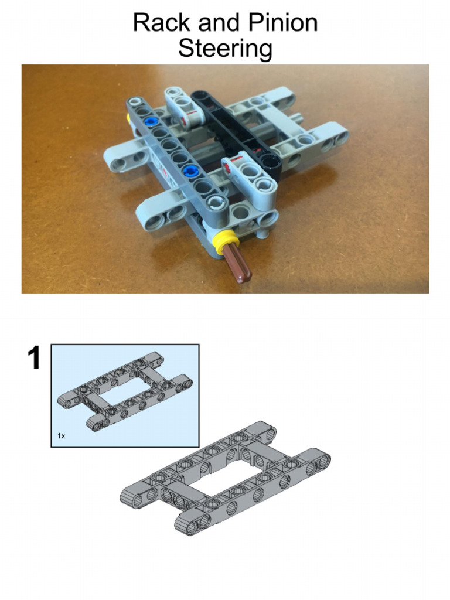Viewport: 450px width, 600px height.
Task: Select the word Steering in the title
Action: tap(225, 49)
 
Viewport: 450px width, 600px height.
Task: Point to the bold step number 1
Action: tap(35, 359)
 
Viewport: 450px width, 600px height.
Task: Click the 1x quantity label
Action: tap(61, 436)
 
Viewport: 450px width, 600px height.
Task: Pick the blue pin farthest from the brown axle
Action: tap(152, 122)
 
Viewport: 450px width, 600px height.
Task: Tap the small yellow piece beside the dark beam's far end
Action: tap(128, 119)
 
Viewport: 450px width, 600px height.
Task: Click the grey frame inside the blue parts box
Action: tap(125, 392)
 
